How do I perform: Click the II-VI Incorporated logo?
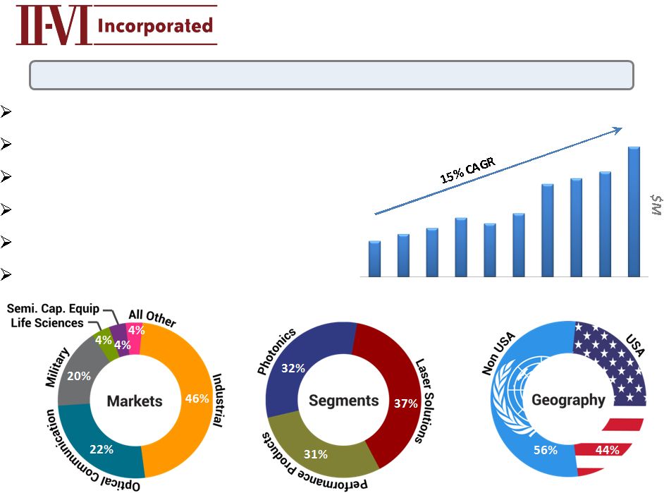[x=116, y=26]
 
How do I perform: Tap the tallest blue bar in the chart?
[x=634, y=212]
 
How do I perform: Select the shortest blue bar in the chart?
[x=374, y=259]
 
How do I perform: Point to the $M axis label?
[x=655, y=205]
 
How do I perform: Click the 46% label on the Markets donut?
[x=197, y=398]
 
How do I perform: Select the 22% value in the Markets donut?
[x=101, y=449]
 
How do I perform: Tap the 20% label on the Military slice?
[x=79, y=377]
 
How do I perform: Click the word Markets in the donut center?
[x=135, y=401]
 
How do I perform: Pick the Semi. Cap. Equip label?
[x=54, y=309]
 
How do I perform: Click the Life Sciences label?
[x=47, y=322]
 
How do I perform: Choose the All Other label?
[x=152, y=318]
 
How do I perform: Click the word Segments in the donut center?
[x=344, y=401]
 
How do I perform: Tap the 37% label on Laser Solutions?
[x=406, y=403]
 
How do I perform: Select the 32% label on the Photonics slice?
[x=293, y=368]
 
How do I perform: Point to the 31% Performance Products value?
[x=316, y=454]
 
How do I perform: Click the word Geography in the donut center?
[x=568, y=401]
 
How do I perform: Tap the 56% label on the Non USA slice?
[x=546, y=450]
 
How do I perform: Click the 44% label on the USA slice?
[x=607, y=450]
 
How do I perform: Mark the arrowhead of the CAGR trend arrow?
[x=618, y=129]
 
